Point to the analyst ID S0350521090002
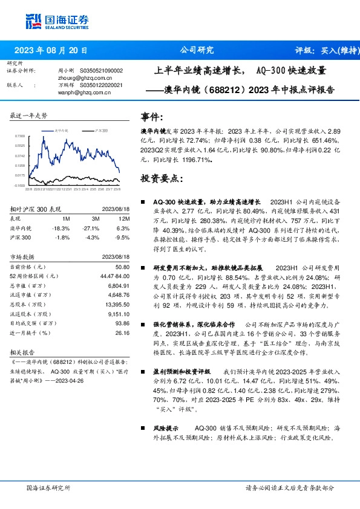pyautogui.click(x=101, y=71)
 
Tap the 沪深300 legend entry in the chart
pyautogui.click(x=101, y=130)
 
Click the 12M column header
pyautogui.click(x=125, y=218)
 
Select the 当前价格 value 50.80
pyautogui.click(x=123, y=267)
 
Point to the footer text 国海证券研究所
pyautogui.click(x=48, y=487)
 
